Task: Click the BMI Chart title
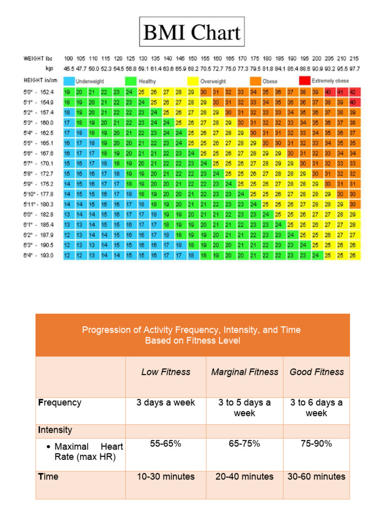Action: coord(192,33)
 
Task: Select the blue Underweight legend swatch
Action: coord(69,81)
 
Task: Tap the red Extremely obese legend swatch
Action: coord(304,81)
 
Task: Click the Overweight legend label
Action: coord(213,81)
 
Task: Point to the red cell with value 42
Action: coord(353,92)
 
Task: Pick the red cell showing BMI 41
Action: coord(341,92)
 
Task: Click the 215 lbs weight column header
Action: coord(354,59)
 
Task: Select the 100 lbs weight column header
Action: coord(68,59)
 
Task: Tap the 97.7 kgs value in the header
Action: coord(354,68)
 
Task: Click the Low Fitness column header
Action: coord(165,372)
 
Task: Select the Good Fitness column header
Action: coord(316,372)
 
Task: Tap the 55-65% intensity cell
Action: coord(165,444)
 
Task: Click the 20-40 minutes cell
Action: coord(244,476)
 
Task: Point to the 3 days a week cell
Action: coord(165,403)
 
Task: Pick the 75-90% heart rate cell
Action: coord(316,444)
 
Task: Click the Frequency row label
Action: coord(59,403)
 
